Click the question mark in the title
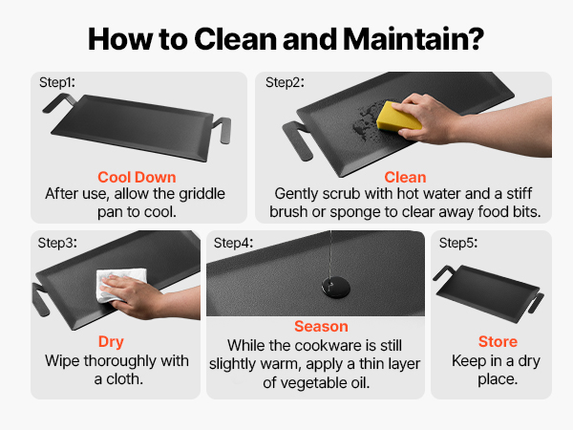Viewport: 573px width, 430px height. [x=475, y=38]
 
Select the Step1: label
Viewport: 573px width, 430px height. [x=57, y=82]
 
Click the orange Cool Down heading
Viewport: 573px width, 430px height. [x=137, y=178]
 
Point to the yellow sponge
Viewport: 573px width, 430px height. [x=398, y=117]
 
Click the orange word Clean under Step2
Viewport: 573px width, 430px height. [x=405, y=178]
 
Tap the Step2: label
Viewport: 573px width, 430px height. [x=285, y=82]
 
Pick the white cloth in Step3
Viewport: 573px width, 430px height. [x=119, y=285]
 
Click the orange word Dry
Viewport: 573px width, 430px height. [x=111, y=342]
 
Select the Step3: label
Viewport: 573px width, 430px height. [x=57, y=243]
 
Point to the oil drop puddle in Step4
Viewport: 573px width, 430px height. [x=336, y=287]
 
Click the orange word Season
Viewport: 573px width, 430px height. [x=321, y=327]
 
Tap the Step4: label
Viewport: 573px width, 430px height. [x=233, y=243]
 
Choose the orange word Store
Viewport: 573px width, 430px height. [x=498, y=341]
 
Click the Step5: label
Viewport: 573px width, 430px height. [x=458, y=243]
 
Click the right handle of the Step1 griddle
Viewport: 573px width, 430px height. [x=223, y=129]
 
